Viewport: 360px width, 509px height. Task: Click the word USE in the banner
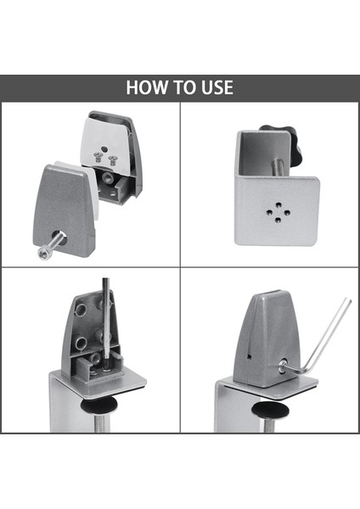[x=217, y=87]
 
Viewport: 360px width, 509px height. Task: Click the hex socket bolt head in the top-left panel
[x=42, y=253]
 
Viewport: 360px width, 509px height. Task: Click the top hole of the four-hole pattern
[x=278, y=204]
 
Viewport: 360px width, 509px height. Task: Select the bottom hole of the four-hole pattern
[x=278, y=220]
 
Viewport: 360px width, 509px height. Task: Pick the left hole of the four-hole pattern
[x=269, y=212]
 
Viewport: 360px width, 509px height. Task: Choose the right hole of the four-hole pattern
[x=287, y=213]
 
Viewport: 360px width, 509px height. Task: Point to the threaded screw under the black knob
[x=278, y=166]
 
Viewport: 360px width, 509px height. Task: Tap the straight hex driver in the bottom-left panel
[x=107, y=322]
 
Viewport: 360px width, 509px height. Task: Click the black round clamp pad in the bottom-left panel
[x=99, y=406]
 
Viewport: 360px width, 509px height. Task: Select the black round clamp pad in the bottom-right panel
[x=271, y=409]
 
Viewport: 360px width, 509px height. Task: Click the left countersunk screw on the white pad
[x=98, y=157]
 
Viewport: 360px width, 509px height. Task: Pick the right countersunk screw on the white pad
[x=112, y=160]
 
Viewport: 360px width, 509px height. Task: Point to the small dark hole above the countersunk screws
[x=104, y=149]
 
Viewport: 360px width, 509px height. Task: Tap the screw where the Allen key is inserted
[x=284, y=364]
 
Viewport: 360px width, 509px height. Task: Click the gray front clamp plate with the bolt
[x=64, y=211]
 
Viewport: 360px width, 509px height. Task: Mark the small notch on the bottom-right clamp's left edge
[x=250, y=356]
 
